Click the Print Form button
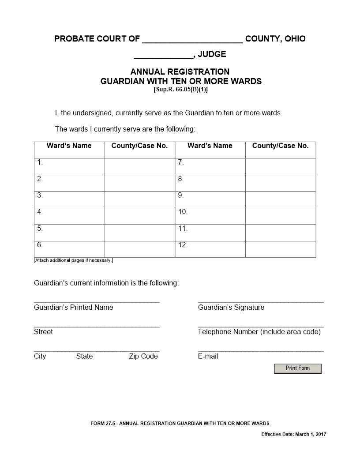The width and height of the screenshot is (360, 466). pyautogui.click(x=298, y=368)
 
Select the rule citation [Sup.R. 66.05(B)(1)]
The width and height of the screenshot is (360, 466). pyautogui.click(x=180, y=90)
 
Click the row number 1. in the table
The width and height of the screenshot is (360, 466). pyautogui.click(x=40, y=162)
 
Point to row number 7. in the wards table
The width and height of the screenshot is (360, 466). pyautogui.click(x=181, y=162)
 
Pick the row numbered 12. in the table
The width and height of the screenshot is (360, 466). pyautogui.click(x=183, y=245)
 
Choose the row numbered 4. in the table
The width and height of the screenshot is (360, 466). pyautogui.click(x=40, y=212)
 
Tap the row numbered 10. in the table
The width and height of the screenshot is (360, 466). pyautogui.click(x=183, y=212)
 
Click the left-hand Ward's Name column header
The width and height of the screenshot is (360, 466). pyautogui.click(x=69, y=146)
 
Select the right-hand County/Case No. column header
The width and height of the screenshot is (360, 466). pyautogui.click(x=281, y=146)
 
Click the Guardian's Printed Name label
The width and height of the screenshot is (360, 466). pyautogui.click(x=74, y=308)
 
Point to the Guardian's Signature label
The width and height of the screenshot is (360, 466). pyautogui.click(x=231, y=308)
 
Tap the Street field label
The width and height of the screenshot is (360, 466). pyautogui.click(x=43, y=332)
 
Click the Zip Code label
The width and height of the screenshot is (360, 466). pyautogui.click(x=143, y=357)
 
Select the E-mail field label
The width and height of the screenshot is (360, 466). pyautogui.click(x=208, y=357)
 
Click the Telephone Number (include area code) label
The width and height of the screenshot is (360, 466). pyautogui.click(x=259, y=332)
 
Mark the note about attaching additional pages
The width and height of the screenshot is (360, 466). pyautogui.click(x=74, y=260)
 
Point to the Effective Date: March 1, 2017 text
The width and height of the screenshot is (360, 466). pyautogui.click(x=294, y=435)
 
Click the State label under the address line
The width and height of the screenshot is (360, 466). pyautogui.click(x=84, y=357)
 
